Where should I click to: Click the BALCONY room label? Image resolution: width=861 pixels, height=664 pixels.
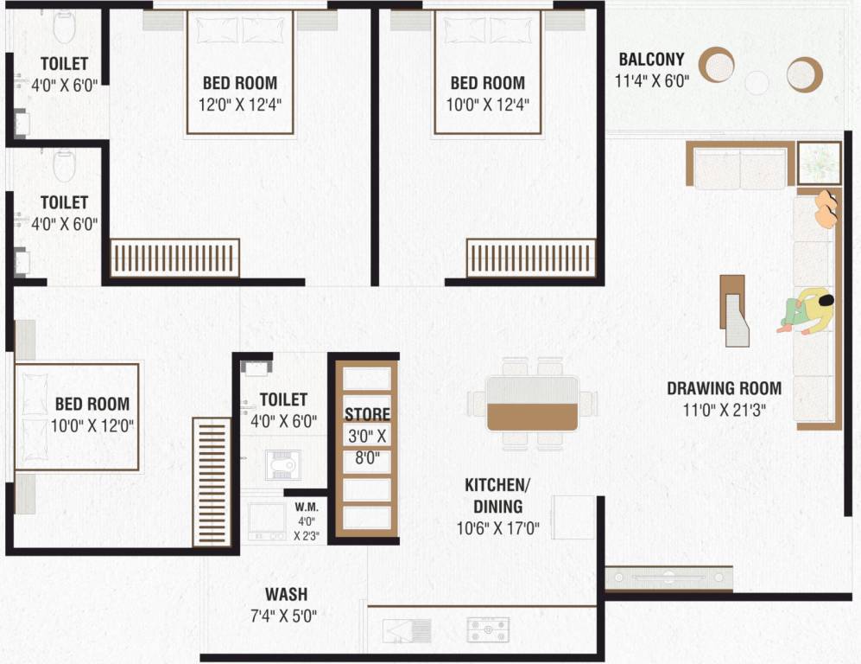pyautogui.click(x=651, y=60)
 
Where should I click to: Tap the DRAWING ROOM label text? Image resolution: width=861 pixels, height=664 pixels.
pyautogui.click(x=724, y=388)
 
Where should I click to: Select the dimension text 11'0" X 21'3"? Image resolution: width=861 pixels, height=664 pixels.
pyautogui.click(x=725, y=410)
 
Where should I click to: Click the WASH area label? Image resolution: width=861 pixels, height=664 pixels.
pyautogui.click(x=286, y=594)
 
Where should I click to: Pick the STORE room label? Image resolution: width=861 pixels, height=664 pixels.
pyautogui.click(x=367, y=414)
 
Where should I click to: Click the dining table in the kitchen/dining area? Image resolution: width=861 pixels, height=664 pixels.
pyautogui.click(x=532, y=403)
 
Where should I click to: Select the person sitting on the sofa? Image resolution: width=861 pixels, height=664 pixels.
pyautogui.click(x=808, y=311)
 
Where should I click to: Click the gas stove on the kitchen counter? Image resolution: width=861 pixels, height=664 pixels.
pyautogui.click(x=488, y=629)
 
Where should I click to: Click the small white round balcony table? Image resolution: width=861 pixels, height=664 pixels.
pyautogui.click(x=757, y=83)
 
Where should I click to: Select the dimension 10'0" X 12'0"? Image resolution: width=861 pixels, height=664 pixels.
pyautogui.click(x=92, y=425)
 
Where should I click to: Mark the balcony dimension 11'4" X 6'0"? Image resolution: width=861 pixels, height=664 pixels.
pyautogui.click(x=651, y=83)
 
